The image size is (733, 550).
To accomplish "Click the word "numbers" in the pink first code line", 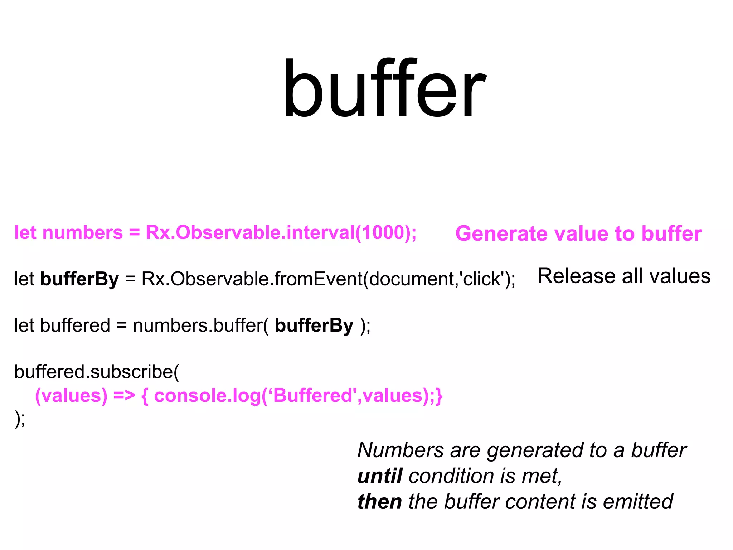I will coord(82,233).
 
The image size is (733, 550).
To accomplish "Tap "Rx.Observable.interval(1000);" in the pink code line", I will coord(281,233).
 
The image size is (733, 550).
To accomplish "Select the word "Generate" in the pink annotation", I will coord(501,234).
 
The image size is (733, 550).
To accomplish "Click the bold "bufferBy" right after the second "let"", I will coord(79,279).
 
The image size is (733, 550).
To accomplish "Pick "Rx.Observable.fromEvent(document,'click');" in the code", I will coord(328,279).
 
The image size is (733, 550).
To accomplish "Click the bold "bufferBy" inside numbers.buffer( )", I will coord(314,326).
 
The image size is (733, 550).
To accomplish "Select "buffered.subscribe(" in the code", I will coord(97,372).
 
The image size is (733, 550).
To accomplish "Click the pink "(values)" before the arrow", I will coord(71,396).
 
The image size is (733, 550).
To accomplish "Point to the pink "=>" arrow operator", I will coord(124,396).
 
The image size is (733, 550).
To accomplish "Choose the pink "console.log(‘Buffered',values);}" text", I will coord(298,396).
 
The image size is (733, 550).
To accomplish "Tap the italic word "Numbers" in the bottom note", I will coord(401,450).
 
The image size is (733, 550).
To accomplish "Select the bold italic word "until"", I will coord(380,476).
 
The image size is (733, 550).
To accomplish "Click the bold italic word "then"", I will coord(379,502).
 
